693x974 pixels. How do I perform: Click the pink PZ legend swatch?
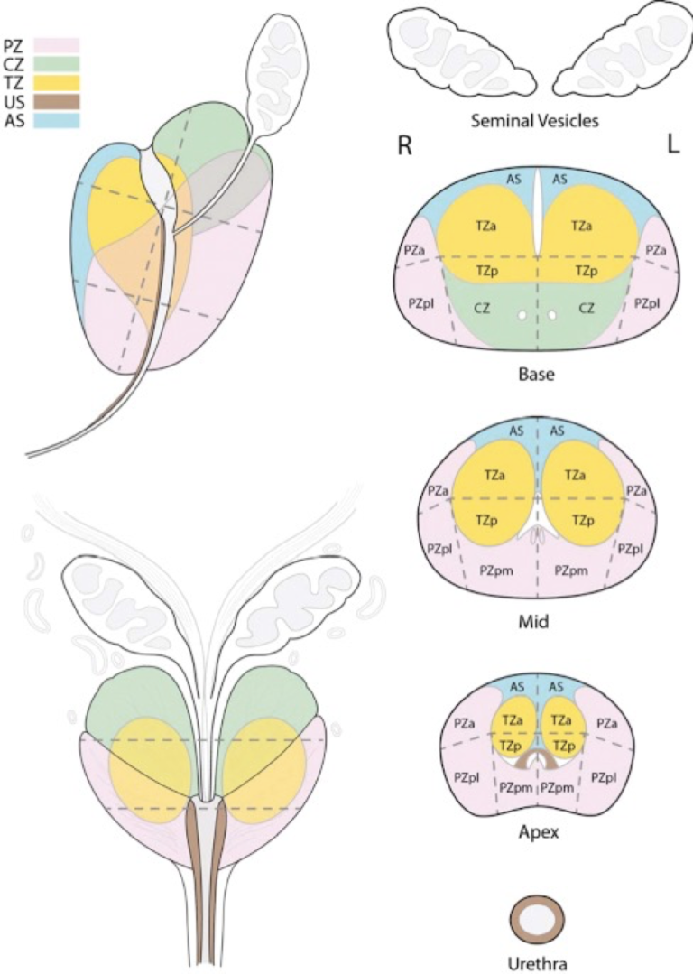pos(57,44)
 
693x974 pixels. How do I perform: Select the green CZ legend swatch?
pos(57,63)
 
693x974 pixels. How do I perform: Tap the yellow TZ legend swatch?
pos(57,83)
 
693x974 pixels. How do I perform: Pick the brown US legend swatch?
pos(57,101)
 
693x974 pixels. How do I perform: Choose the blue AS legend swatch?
pos(57,120)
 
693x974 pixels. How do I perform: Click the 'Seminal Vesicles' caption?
pos(535,120)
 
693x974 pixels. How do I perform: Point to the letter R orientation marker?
pos(404,145)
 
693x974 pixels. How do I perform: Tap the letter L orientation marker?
pos(672,145)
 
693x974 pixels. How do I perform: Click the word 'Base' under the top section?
pos(537,374)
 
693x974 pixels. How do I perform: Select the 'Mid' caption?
pos(534,620)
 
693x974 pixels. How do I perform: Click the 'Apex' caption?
pos(539,831)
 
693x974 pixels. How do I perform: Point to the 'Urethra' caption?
pos(537,963)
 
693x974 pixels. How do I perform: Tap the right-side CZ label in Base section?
pos(587,308)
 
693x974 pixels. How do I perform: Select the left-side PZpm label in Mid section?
pos(496,570)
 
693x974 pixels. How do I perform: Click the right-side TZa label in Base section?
pos(582,226)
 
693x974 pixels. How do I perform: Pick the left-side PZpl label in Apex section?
pos(467,777)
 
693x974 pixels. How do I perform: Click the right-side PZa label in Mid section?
pos(636,491)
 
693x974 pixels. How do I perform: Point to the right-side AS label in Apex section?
pos(557,686)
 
